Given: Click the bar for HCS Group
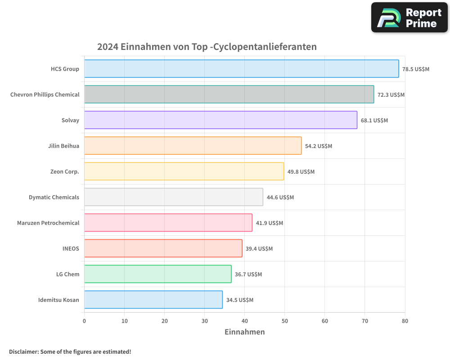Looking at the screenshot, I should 241,69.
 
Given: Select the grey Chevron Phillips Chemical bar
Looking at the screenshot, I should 229,94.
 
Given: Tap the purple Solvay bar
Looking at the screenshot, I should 220,120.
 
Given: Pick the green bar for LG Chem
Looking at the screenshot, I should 157,274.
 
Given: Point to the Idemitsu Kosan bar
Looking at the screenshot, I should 153,300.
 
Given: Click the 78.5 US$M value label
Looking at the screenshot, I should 416,69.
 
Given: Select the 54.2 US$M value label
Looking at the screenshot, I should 319,146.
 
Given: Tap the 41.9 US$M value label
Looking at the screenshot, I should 270,223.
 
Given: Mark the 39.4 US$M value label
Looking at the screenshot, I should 259,249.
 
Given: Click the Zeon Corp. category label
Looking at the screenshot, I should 65,171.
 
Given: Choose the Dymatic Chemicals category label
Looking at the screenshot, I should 54,197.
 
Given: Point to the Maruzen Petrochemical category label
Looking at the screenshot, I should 48,223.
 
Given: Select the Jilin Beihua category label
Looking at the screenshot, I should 63,146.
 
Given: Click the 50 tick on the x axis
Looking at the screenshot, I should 284,321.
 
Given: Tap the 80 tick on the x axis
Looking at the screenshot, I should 405,321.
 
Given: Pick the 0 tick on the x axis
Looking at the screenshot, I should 84,321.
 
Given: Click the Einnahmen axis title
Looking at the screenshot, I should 244,332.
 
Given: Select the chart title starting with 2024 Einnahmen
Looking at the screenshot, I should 207,47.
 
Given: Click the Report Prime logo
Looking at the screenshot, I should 409,18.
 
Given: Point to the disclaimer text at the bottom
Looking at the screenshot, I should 70,351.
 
